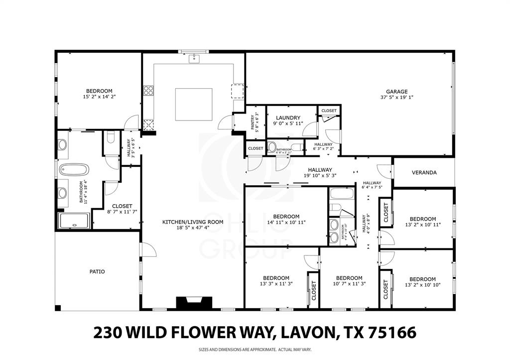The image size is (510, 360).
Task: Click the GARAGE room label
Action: click(397, 92)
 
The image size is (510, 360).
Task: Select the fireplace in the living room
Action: click(194, 303)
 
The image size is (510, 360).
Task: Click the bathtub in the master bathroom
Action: click(74, 170)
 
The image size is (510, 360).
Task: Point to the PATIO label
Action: click(97, 272)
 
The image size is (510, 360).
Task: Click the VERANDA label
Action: click(424, 173)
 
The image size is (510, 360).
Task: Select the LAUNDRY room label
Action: click(288, 118)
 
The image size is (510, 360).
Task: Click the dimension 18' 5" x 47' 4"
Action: click(188, 228)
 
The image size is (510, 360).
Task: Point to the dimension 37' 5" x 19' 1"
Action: click(397, 98)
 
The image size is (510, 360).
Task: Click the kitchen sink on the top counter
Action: click(194, 60)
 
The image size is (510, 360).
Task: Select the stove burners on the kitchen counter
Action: click(148, 90)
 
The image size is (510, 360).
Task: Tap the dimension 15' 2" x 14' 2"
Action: click(99, 97)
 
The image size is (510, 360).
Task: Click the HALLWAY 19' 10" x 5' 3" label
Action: click(319, 172)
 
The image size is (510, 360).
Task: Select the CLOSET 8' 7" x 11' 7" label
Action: click(122, 209)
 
